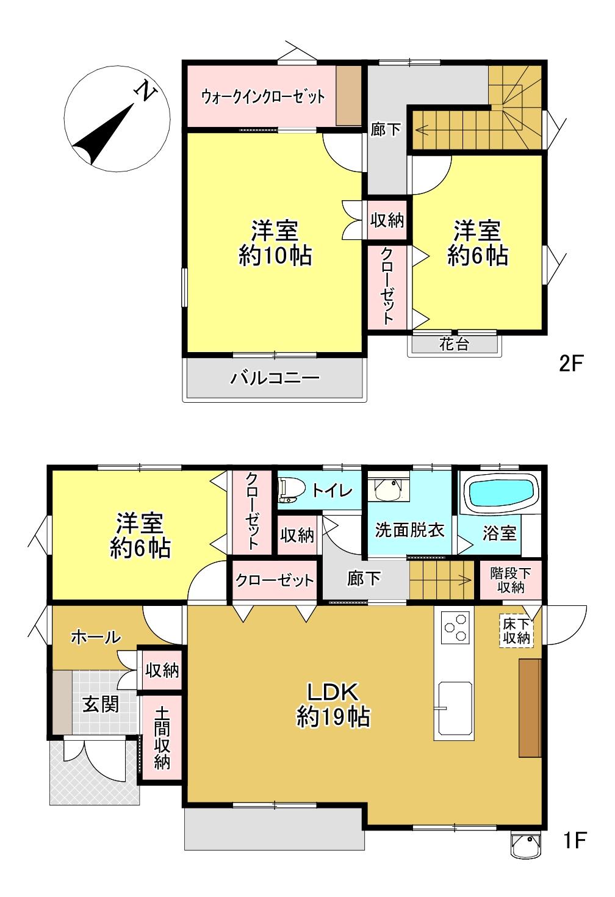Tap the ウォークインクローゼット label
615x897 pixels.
click(262, 96)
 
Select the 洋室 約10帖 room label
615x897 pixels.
click(276, 243)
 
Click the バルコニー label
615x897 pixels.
click(275, 377)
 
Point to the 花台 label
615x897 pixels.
click(454, 344)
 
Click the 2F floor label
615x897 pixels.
click(570, 363)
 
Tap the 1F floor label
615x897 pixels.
click(575, 840)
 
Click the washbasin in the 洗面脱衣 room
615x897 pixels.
click(387, 488)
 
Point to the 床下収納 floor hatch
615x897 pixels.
click(517, 631)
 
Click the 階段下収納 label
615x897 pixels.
click(511, 580)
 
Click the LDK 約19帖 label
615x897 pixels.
click(333, 704)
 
